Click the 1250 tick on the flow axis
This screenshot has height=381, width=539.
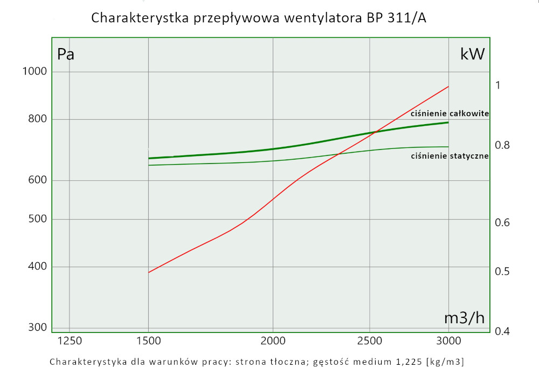(70, 341)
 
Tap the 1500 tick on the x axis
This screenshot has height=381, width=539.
(148, 341)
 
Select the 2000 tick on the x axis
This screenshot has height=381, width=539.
(273, 341)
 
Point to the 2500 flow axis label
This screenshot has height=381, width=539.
(370, 341)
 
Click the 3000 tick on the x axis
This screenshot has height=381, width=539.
(448, 341)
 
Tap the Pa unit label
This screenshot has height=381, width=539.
(66, 54)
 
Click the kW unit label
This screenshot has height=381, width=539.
(472, 54)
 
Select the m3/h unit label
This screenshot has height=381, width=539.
(464, 318)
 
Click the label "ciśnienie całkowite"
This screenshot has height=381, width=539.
(450, 114)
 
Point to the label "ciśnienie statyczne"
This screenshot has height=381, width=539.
(450, 156)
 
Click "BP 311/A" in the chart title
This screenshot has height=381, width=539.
(401, 18)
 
